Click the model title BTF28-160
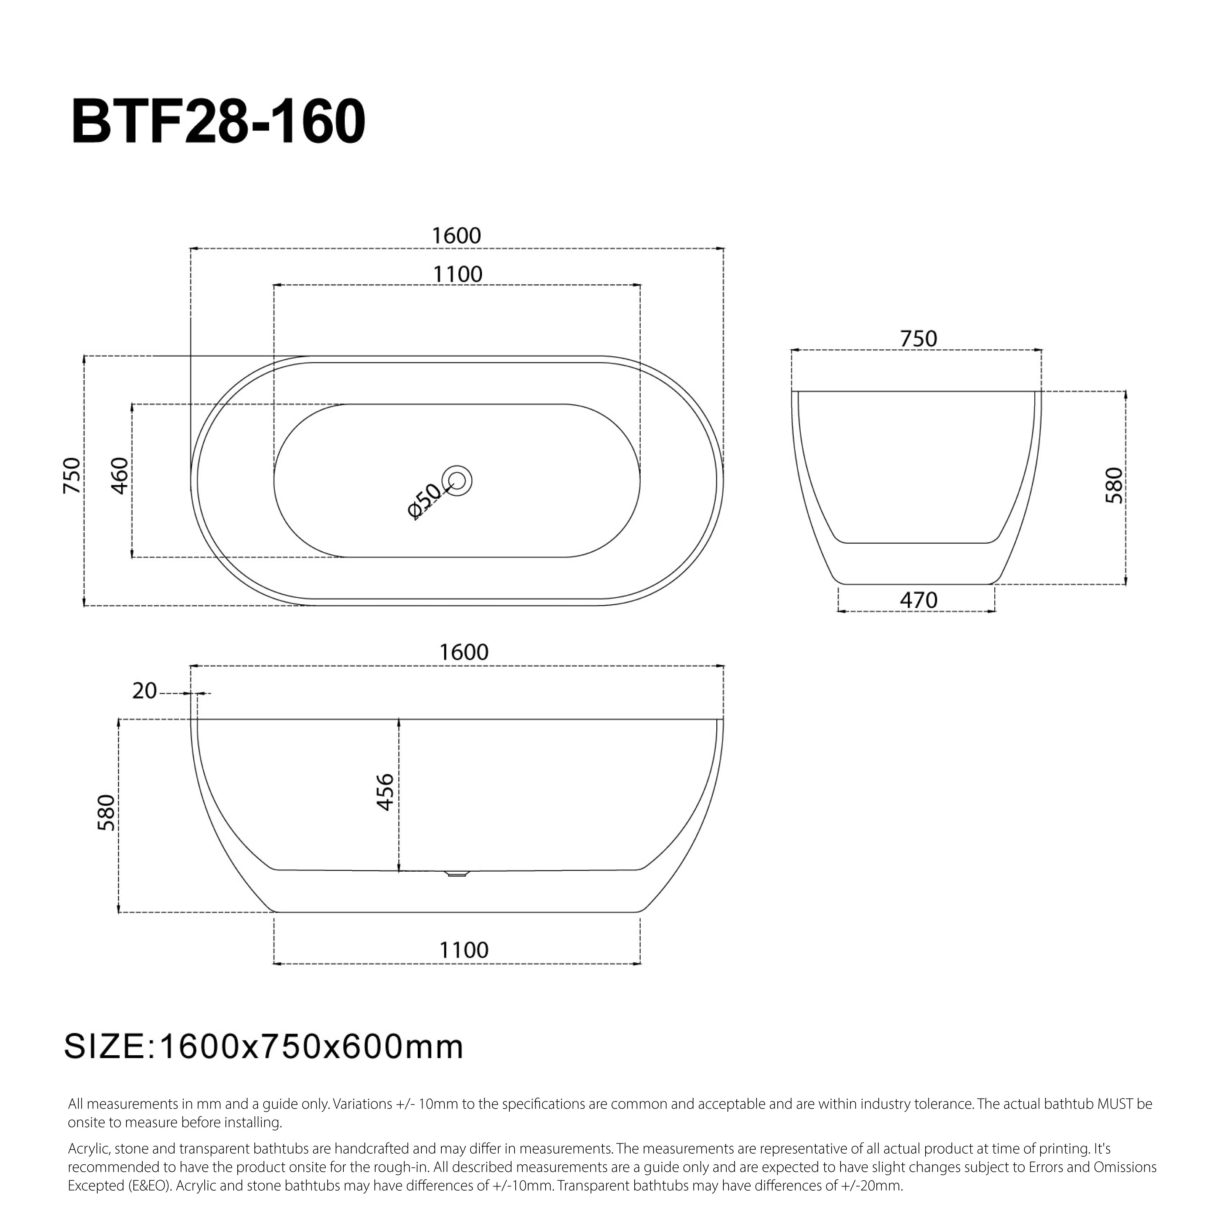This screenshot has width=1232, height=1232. (219, 121)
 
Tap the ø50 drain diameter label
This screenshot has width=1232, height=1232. (424, 501)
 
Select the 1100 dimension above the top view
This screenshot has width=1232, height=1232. (457, 274)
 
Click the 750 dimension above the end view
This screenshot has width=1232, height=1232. (918, 339)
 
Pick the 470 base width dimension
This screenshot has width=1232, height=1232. (918, 600)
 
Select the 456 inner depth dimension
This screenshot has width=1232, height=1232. (385, 792)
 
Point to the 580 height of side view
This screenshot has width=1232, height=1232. (106, 812)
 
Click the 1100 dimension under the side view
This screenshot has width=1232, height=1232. (464, 950)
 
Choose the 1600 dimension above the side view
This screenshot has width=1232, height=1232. (464, 652)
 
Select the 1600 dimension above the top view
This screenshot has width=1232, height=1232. (456, 236)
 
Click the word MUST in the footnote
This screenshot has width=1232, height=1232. (1115, 1104)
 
